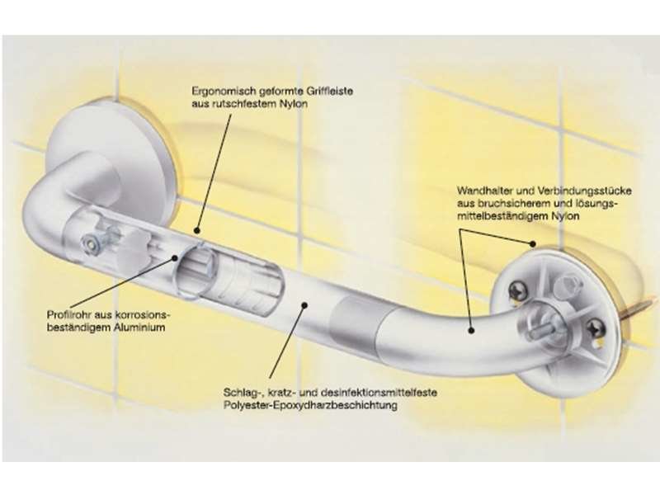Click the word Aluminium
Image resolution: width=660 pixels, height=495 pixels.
pyautogui.click(x=139, y=328)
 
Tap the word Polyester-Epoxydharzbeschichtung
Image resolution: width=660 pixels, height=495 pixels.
pyautogui.click(x=310, y=406)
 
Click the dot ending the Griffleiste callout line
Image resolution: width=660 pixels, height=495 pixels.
pyautogui.click(x=196, y=230)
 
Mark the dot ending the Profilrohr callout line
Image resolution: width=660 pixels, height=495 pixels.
pyautogui.click(x=175, y=257)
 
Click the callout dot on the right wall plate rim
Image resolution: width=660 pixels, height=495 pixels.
pyautogui.click(x=533, y=243)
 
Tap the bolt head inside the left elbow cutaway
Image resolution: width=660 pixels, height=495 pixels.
pyautogui.click(x=89, y=244)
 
